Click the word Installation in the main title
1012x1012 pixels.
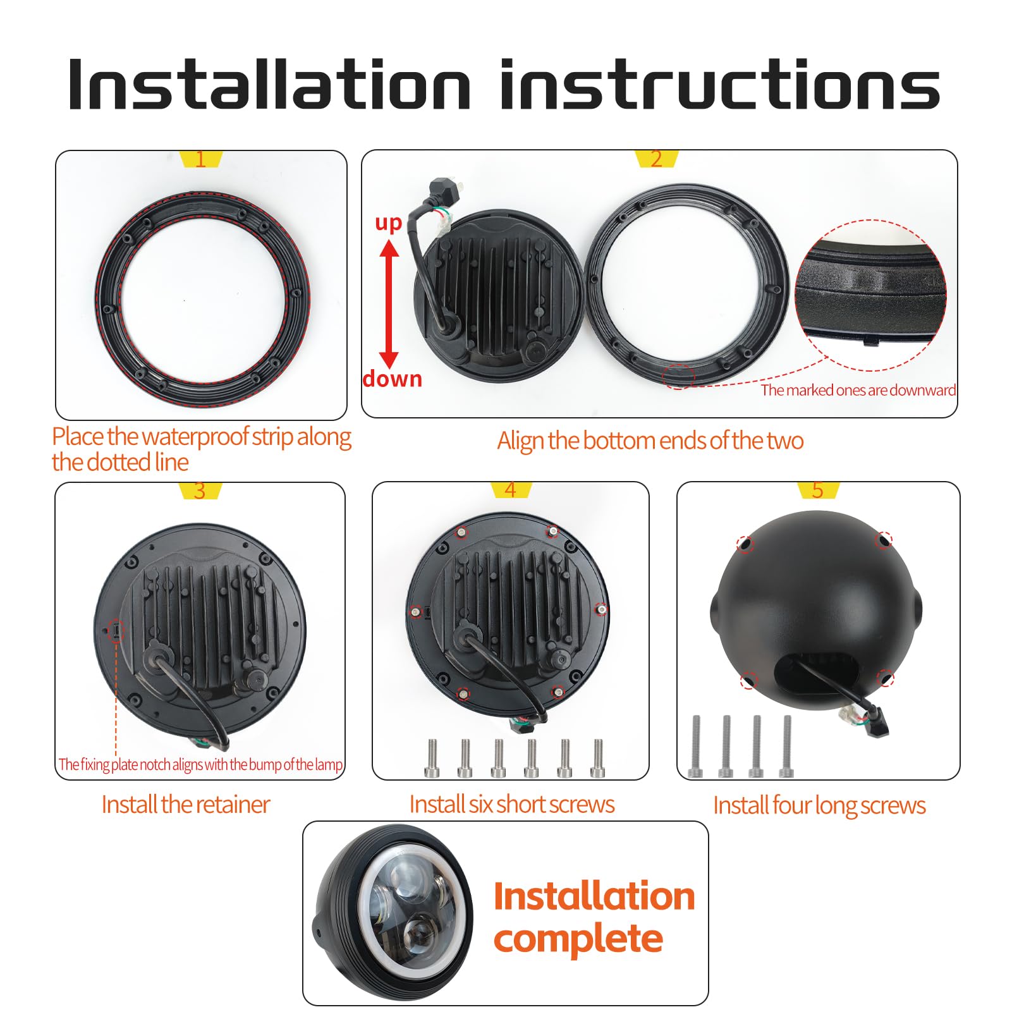coord(270,85)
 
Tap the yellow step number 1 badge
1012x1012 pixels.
coord(201,159)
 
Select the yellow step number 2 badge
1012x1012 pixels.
coord(656,159)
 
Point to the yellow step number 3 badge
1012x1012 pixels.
coord(200,491)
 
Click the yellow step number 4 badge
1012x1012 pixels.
coord(511,490)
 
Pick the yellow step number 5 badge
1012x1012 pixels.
coord(818,490)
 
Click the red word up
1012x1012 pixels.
coord(389,223)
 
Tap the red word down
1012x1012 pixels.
coord(393,379)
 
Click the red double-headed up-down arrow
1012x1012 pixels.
coord(389,303)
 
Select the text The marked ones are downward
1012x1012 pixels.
coord(858,390)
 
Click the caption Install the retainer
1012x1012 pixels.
coord(186,805)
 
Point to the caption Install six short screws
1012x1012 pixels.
coord(512,805)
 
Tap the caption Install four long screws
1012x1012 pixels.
coord(819,806)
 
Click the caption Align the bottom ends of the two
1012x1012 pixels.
coord(650,441)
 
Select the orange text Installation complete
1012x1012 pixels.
coord(594,917)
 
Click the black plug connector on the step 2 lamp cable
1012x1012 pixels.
coord(443,188)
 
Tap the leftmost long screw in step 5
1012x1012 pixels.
coord(697,747)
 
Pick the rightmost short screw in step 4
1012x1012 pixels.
coord(598,758)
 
